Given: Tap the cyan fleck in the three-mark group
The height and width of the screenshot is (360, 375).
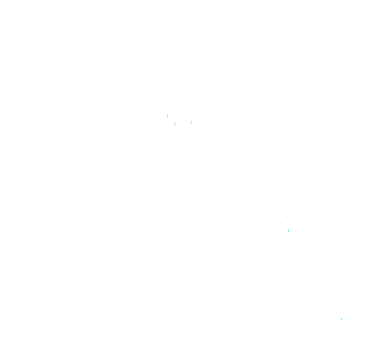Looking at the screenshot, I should point(289,230).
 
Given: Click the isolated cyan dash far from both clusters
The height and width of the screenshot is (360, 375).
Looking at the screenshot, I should point(341,319).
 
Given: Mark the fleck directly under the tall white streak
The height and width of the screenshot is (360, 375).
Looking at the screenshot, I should point(289,230).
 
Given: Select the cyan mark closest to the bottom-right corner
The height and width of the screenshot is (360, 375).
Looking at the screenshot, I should point(341,319).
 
